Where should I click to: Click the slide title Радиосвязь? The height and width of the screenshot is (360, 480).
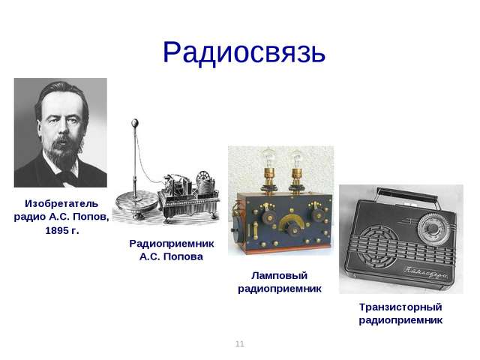click(244, 52)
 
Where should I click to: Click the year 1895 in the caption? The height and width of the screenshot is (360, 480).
click(57, 230)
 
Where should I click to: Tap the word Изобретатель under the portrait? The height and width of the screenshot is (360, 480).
click(61, 203)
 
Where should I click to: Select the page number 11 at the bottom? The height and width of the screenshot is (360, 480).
click(240, 343)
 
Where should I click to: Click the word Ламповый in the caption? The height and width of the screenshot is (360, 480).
click(279, 275)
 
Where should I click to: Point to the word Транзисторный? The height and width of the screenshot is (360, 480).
click(400, 307)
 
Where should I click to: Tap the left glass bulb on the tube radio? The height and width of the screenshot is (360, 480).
click(268, 157)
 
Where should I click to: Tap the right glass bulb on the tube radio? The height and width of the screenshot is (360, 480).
click(296, 158)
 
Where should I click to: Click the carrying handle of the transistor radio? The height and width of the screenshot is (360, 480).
click(407, 195)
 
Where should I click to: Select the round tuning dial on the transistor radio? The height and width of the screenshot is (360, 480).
click(432, 228)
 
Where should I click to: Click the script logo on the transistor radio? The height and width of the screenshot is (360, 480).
click(425, 271)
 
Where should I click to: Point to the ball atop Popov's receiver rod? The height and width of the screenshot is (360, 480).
click(134, 123)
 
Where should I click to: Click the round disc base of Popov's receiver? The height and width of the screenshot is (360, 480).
click(136, 201)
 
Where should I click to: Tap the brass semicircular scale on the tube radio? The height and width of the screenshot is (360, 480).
click(291, 220)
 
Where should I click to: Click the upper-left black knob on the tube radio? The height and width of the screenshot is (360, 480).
click(268, 217)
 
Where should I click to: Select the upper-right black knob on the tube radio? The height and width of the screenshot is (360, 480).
click(318, 215)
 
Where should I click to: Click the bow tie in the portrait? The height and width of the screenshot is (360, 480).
click(68, 177)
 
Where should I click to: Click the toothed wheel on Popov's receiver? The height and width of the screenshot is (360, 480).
click(202, 177)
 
